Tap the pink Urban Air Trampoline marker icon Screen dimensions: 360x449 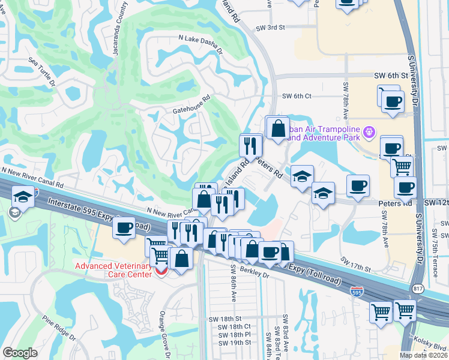[x=369, y=131]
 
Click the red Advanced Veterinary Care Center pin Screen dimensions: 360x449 [x=160, y=271]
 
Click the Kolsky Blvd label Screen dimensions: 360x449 [x=430, y=347]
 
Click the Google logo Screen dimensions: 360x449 [x=20, y=353]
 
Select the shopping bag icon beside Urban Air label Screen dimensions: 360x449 [x=277, y=128]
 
